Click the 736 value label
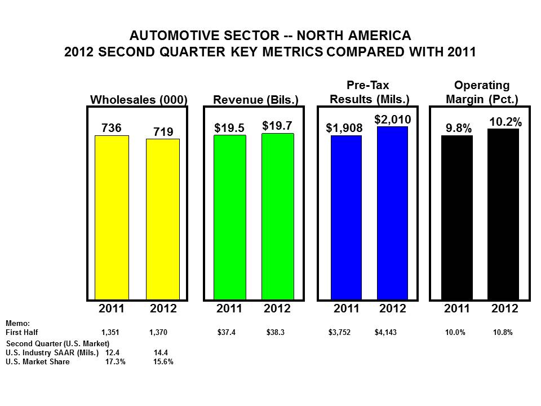coord(111,128)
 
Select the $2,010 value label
coord(393,119)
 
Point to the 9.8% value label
coord(458,129)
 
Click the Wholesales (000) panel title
coord(139,100)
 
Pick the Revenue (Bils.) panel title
coord(255,100)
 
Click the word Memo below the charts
coord(15,324)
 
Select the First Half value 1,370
coord(158,333)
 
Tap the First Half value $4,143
coord(385,333)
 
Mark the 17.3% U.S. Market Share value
coord(116,362)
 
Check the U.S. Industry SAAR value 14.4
coord(161,352)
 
